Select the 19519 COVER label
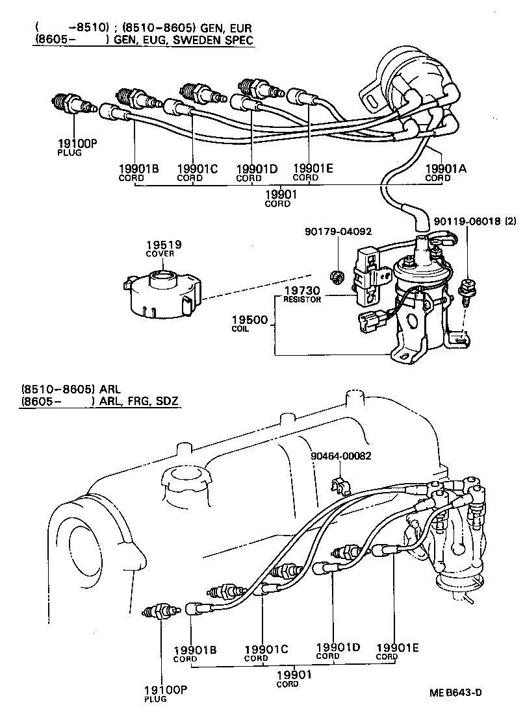163,248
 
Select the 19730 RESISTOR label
302,295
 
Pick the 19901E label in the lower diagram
397,648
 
